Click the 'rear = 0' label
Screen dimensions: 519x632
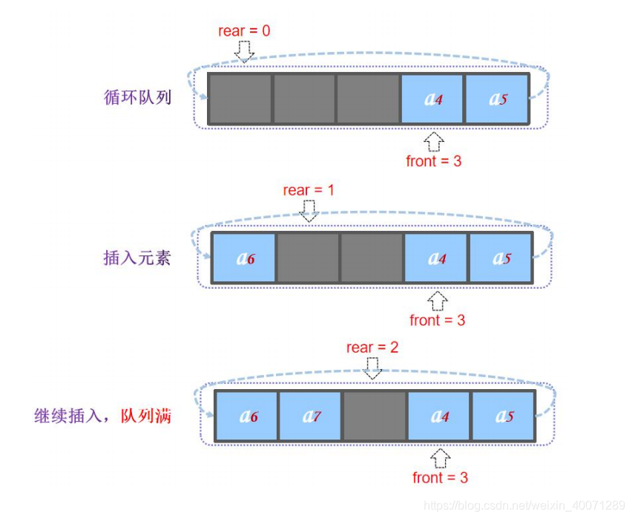pyautogui.click(x=244, y=31)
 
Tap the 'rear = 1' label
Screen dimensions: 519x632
pyautogui.click(x=309, y=191)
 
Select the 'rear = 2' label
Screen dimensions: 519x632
pyautogui.click(x=372, y=347)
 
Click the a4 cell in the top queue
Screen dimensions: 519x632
pyautogui.click(x=432, y=98)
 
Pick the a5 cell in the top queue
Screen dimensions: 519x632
pyautogui.click(x=496, y=98)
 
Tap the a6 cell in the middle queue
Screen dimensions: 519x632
pyautogui.click(x=244, y=258)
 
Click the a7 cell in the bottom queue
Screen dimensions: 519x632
pyautogui.click(x=311, y=416)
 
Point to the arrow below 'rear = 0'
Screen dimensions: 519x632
pyautogui.click(x=244, y=50)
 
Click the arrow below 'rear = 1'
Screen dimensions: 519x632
pyautogui.click(x=309, y=211)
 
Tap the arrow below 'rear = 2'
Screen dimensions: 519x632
pyautogui.click(x=373, y=367)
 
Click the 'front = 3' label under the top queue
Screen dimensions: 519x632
pyautogui.click(x=434, y=160)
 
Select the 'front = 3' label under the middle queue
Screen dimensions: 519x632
pyautogui.click(x=438, y=320)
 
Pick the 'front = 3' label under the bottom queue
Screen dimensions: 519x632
pyautogui.click(x=441, y=477)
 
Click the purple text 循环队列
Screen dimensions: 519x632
pyautogui.click(x=139, y=97)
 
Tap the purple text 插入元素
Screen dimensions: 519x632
pyautogui.click(x=137, y=258)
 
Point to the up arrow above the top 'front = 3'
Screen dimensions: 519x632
pyautogui.click(x=435, y=141)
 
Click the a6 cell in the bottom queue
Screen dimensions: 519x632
pyautogui.click(x=247, y=416)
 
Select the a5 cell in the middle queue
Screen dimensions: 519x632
pyautogui.click(x=500, y=258)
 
